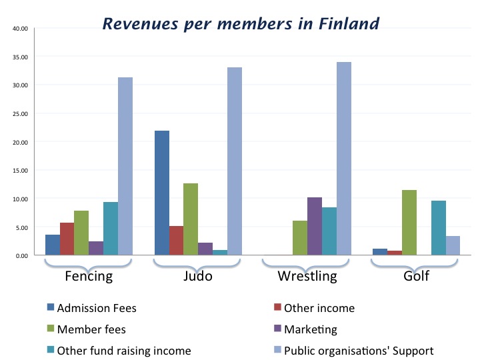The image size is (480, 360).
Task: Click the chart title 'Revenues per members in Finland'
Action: click(x=241, y=24)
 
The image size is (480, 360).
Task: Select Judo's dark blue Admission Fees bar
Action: click(x=162, y=193)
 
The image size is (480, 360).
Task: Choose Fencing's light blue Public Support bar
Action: click(x=125, y=166)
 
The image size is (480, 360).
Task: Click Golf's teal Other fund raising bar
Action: click(x=438, y=227)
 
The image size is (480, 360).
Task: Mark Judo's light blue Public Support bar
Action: click(x=234, y=161)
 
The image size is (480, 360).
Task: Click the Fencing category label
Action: click(x=88, y=276)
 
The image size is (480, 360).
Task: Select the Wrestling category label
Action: click(x=307, y=276)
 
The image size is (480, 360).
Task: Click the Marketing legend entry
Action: click(x=310, y=329)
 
